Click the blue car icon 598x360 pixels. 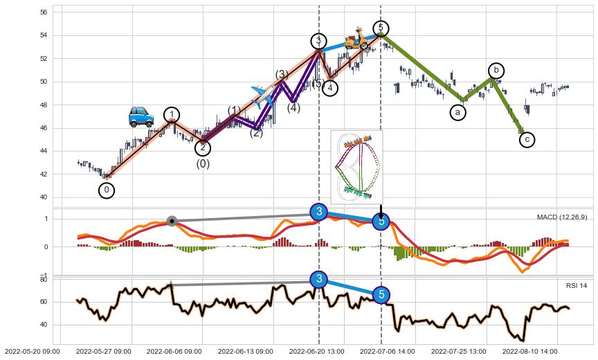click(141, 116)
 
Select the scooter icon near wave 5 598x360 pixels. click(357, 39)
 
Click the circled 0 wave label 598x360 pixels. click(107, 190)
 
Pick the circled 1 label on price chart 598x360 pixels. click(172, 115)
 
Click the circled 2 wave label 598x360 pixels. click(202, 147)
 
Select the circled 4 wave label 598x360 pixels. click(330, 88)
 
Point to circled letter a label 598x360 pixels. click(457, 111)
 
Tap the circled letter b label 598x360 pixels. click(496, 71)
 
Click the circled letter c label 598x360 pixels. click(527, 140)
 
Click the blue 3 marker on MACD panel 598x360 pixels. click(318, 212)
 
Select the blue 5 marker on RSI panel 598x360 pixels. click(381, 295)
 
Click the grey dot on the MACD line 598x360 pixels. click(172, 222)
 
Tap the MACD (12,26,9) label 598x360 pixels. click(562, 217)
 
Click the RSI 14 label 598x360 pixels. click(576, 286)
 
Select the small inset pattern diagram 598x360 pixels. click(356, 167)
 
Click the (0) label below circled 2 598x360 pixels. click(203, 164)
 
